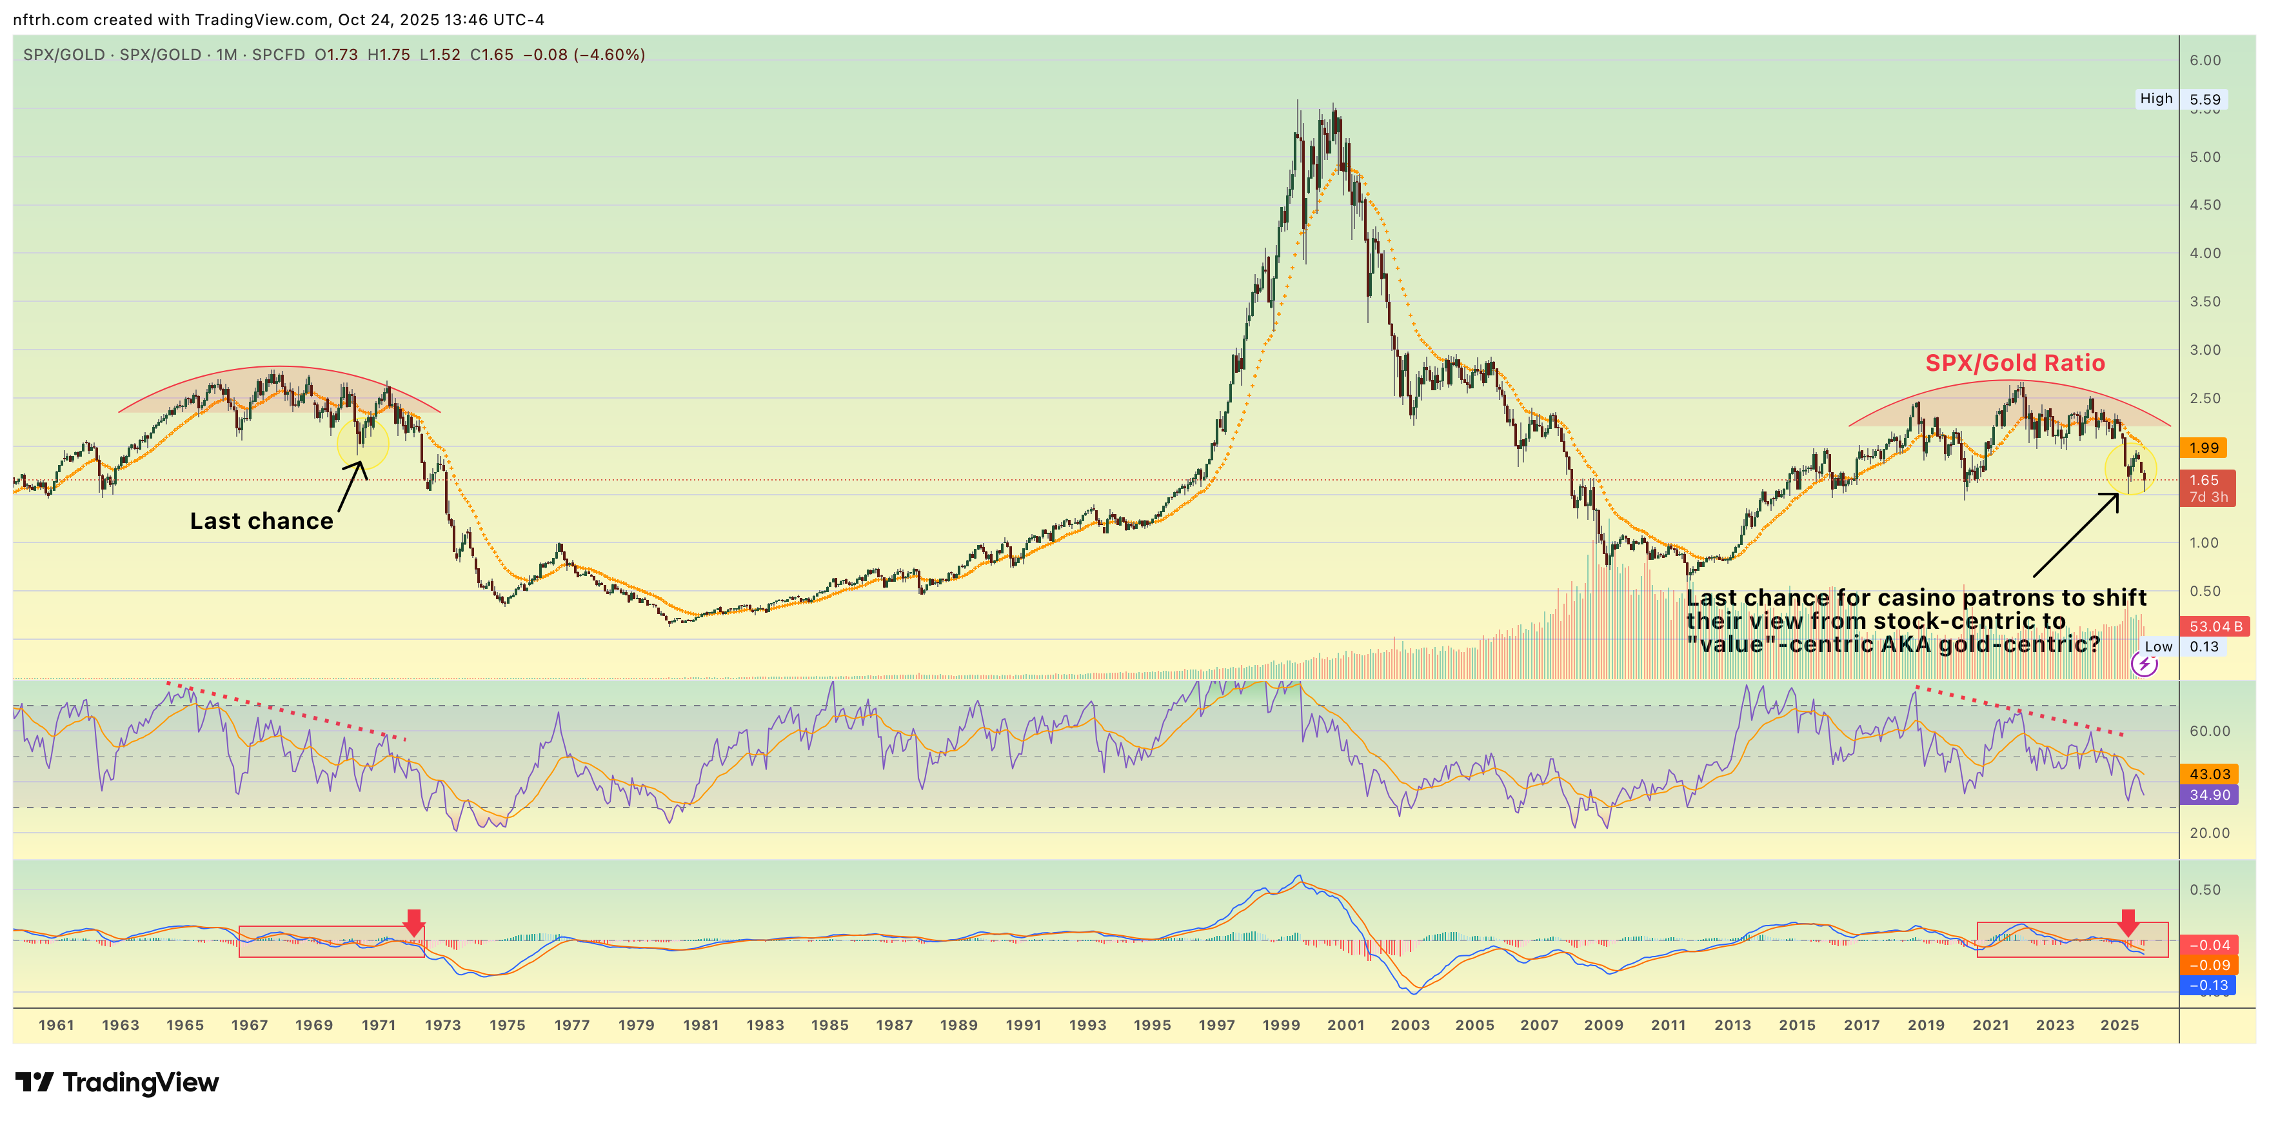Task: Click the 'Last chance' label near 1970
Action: click(262, 521)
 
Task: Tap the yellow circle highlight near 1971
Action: click(362, 444)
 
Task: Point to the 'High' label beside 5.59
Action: click(2155, 99)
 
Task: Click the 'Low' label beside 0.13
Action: click(2158, 646)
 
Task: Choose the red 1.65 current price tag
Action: click(2206, 481)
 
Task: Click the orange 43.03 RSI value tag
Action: click(2209, 774)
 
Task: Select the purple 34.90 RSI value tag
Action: click(2209, 794)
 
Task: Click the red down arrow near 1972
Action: click(413, 922)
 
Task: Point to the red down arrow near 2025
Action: click(2128, 922)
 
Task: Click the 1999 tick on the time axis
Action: click(1281, 1025)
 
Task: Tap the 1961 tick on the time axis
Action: click(56, 1025)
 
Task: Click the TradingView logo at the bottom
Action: click(118, 1082)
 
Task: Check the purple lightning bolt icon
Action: click(2144, 664)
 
